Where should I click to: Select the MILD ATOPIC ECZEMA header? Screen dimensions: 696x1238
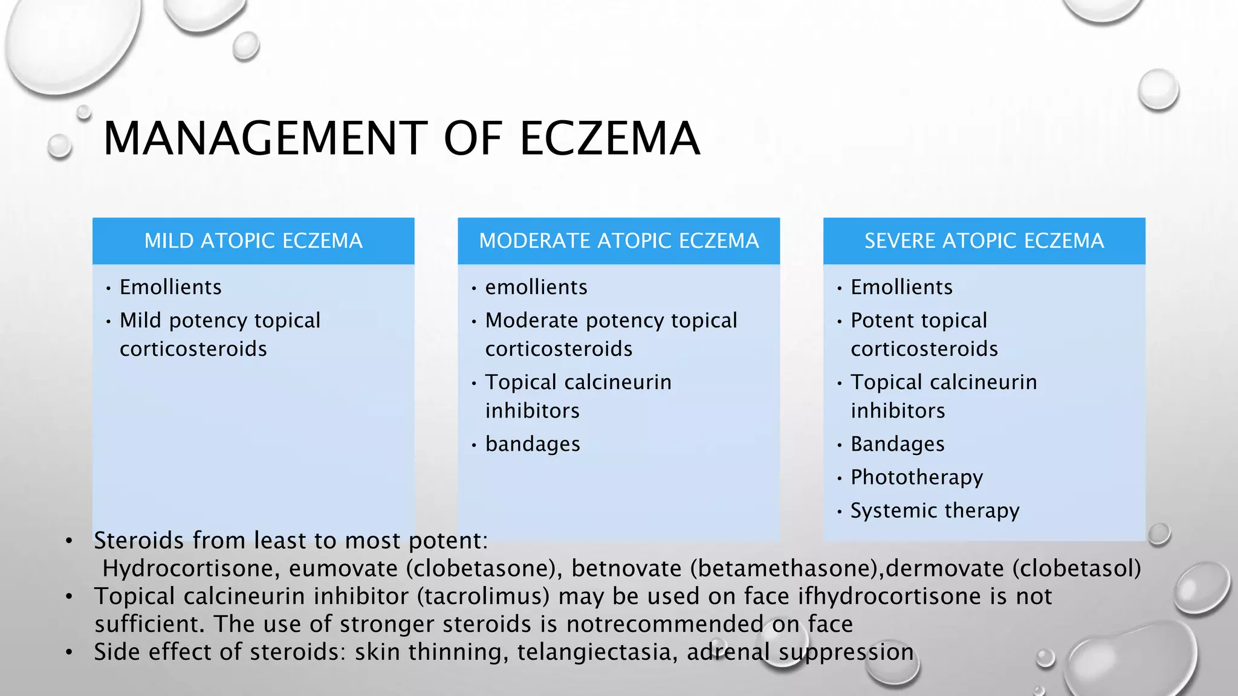[x=253, y=241]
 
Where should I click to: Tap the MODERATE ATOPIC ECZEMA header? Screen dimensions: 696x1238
[x=618, y=241]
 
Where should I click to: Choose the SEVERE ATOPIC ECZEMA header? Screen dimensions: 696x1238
[x=984, y=241]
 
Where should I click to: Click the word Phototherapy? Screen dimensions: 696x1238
[x=916, y=477]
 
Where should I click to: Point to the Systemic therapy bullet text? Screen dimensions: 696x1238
[x=935, y=511]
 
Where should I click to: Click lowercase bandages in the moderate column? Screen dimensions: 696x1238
[x=533, y=444]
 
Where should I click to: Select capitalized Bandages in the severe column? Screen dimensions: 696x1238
[x=897, y=444]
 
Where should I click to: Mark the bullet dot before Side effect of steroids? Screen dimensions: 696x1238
[x=70, y=652]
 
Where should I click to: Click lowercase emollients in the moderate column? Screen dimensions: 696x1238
[x=536, y=287]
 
